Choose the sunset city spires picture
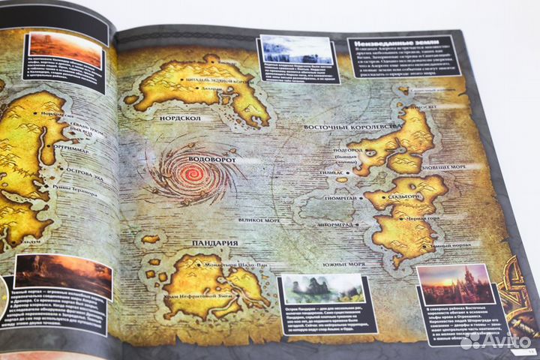tap(455, 284)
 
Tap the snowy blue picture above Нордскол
tap(295, 50)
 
